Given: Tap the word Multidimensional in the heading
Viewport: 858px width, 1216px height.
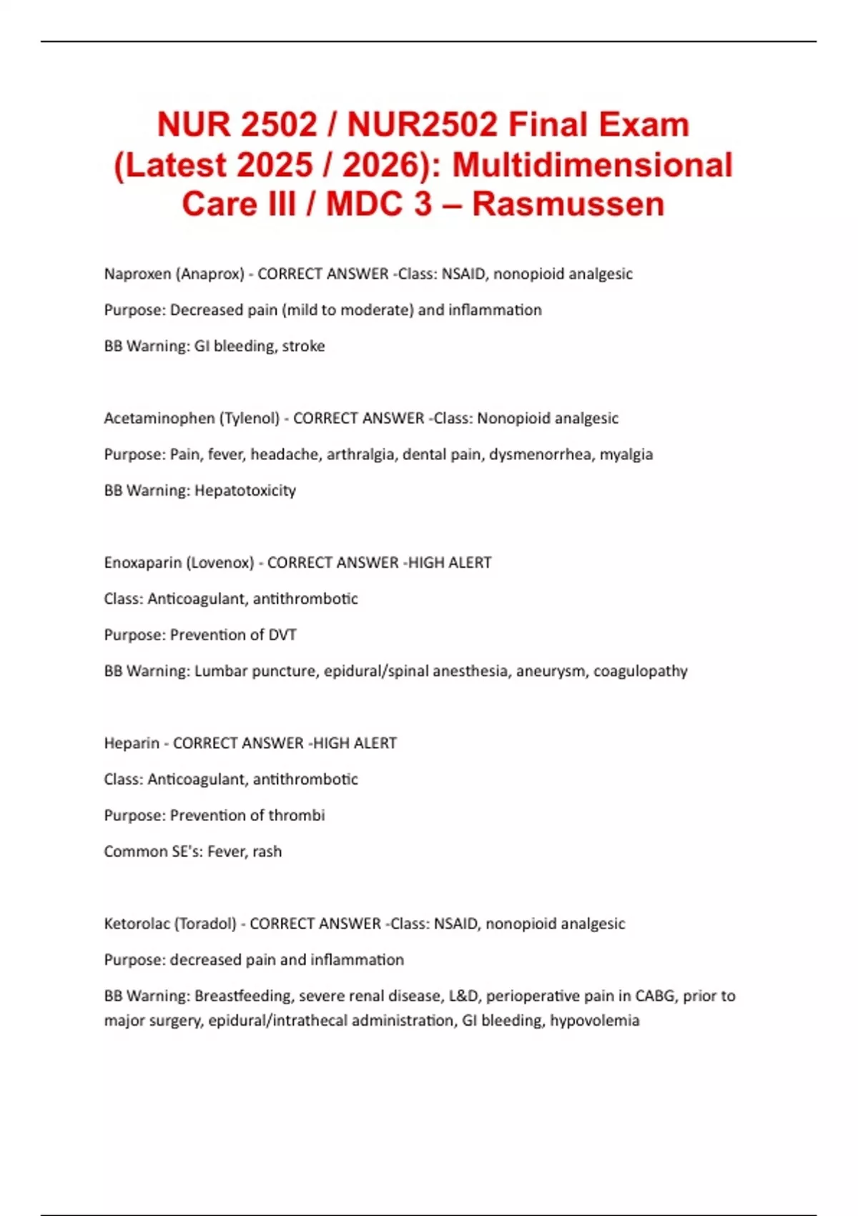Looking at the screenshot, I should [x=593, y=165].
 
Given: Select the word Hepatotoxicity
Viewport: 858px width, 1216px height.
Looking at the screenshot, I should [x=245, y=491].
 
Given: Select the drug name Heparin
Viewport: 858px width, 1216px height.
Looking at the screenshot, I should [x=132, y=743].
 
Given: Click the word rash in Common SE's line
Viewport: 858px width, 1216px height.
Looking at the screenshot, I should [x=267, y=852].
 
